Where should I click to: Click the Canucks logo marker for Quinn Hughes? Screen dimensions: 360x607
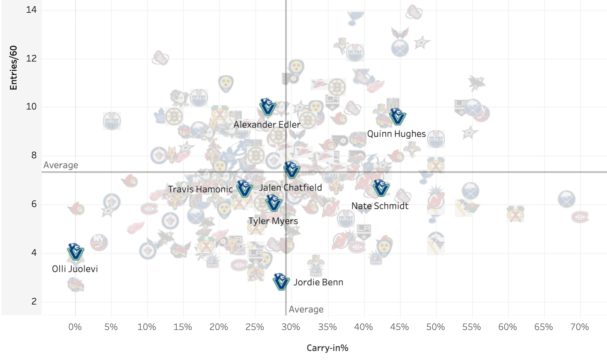pos(397,117)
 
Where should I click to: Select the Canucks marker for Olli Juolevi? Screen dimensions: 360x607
pos(75,252)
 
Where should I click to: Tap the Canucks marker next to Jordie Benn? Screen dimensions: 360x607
pos(281,282)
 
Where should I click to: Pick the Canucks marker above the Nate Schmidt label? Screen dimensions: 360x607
pos(381,188)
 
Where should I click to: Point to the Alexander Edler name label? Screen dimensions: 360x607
pos(267,124)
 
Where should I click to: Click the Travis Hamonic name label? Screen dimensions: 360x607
pos(200,189)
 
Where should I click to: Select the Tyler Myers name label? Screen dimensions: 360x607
pos(273,221)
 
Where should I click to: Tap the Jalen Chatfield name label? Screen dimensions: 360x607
pos(291,187)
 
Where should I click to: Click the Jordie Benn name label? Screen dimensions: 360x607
pos(318,282)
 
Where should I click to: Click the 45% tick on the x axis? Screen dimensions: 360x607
pos(400,327)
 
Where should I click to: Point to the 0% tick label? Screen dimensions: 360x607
pos(75,327)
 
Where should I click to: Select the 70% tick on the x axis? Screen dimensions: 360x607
pos(580,327)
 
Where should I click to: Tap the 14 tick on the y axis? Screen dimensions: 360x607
pos(32,10)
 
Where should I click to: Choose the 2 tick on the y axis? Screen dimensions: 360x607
pos(34,301)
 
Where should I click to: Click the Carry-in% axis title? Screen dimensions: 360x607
pos(328,348)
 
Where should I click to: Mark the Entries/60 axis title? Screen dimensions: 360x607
pos(14,68)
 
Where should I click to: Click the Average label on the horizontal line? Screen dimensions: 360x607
pos(61,165)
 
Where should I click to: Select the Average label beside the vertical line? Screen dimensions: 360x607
pos(306,309)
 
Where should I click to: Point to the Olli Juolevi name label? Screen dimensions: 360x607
pos(75,269)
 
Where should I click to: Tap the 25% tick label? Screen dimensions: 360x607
pos(255,327)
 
